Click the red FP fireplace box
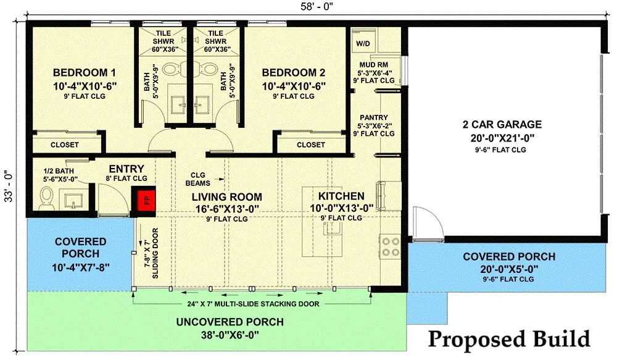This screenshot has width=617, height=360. point(147,201)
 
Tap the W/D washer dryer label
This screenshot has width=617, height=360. point(363,44)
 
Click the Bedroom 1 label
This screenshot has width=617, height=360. point(85,72)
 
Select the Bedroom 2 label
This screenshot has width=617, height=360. point(294,72)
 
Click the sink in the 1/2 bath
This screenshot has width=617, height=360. point(73,199)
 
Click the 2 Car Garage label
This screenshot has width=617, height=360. point(502,125)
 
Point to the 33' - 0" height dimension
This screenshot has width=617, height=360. point(8,186)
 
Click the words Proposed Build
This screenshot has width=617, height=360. point(509,339)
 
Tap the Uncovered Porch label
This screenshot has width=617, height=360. point(230,322)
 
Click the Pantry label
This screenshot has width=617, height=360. point(374,117)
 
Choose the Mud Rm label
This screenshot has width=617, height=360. point(374,65)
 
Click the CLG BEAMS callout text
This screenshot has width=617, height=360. point(198,179)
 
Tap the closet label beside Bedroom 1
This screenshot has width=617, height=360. point(65,145)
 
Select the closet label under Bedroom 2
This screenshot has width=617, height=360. point(311,145)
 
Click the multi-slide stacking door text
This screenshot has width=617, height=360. point(253,304)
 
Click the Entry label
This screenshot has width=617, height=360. point(126,169)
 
